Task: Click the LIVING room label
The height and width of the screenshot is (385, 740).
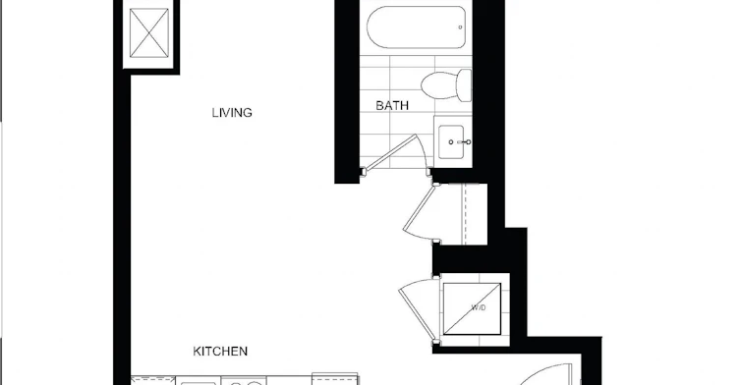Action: pos(232,113)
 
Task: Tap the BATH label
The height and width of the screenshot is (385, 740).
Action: pos(392,106)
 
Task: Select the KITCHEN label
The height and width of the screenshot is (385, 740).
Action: pos(220,352)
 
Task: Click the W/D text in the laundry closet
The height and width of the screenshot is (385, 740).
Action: pos(478,308)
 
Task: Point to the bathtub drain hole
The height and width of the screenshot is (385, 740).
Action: pos(460,27)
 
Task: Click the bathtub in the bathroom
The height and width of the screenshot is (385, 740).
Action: pos(417,27)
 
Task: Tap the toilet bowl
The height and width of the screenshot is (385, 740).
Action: pos(438,85)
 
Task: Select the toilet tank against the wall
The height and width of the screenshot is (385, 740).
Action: pos(465,85)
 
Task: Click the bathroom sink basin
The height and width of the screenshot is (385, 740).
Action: pos(451,141)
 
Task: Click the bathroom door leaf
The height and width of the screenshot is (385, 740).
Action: pos(391,152)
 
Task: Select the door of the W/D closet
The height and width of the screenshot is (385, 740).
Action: pos(418,309)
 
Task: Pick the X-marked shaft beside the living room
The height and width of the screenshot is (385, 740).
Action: pos(149,33)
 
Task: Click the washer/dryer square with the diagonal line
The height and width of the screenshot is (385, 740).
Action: pos(472,308)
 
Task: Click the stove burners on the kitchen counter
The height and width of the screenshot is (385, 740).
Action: pos(244,381)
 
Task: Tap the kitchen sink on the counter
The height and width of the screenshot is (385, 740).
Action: pos(199,382)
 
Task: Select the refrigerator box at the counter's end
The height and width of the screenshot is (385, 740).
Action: pos(335,379)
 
